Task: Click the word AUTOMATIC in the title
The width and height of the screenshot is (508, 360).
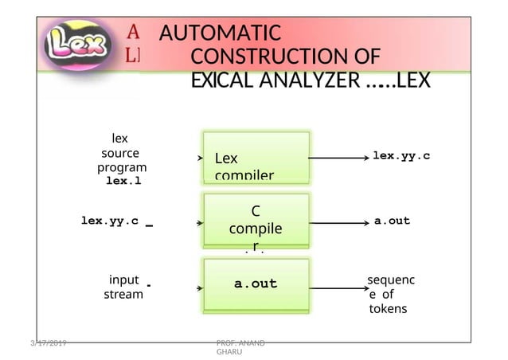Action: click(x=220, y=34)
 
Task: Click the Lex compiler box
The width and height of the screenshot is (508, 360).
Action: click(x=256, y=158)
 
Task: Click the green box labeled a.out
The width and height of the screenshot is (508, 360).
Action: click(x=256, y=284)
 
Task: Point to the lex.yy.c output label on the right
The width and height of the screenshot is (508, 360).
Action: click(x=401, y=156)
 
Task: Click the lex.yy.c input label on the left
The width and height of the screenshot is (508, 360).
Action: click(x=110, y=221)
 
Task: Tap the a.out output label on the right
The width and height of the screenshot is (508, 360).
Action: click(x=392, y=221)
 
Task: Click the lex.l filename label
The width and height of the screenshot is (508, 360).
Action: click(x=123, y=181)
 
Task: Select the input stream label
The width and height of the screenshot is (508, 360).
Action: click(x=123, y=287)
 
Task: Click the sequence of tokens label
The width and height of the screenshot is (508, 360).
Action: click(x=390, y=295)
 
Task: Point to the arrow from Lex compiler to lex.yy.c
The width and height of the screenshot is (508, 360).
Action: click(x=337, y=158)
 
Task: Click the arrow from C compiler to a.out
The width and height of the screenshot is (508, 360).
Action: click(x=337, y=221)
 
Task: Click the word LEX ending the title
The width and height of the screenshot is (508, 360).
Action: click(x=412, y=81)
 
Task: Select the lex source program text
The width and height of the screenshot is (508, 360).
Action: click(x=121, y=153)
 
